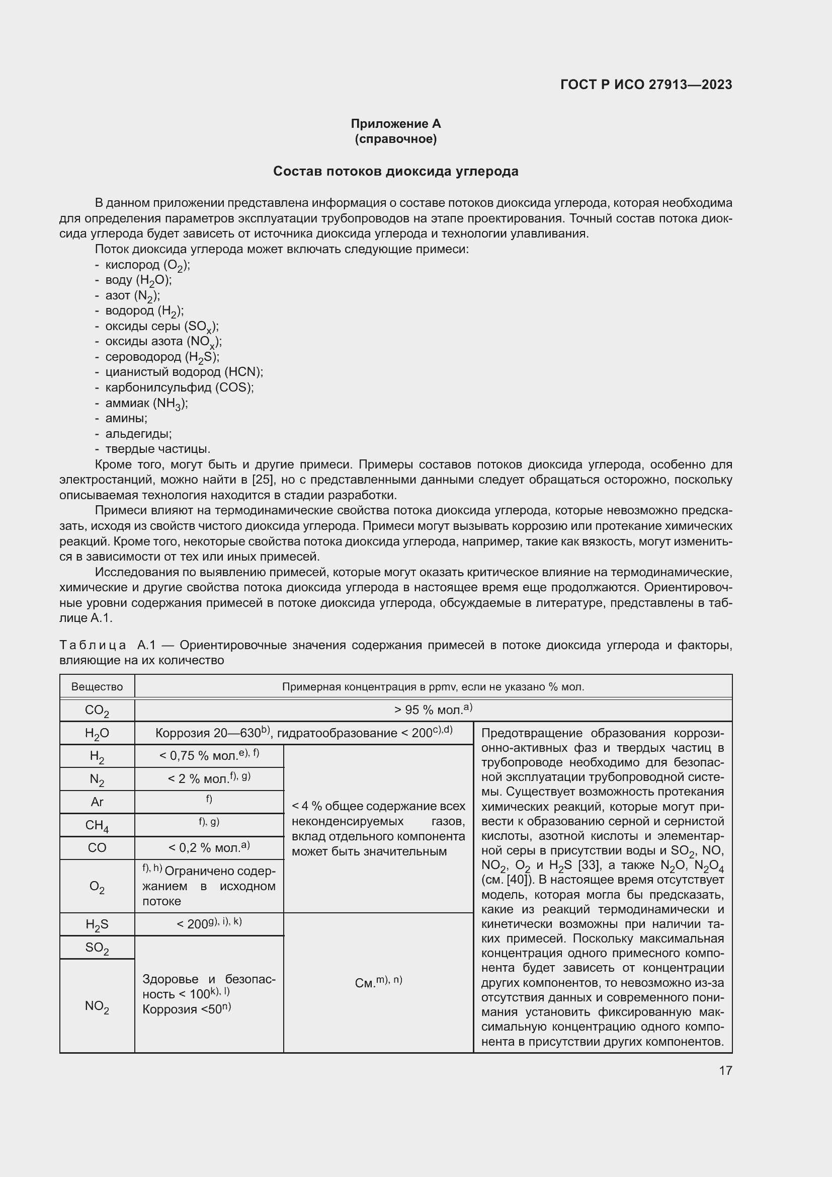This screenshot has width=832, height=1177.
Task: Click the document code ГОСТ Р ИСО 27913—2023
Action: (x=646, y=85)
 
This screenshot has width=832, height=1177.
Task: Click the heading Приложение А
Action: (x=395, y=124)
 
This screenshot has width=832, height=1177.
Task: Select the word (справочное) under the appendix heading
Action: (x=395, y=139)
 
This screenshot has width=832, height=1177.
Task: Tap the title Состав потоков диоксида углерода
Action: (x=395, y=171)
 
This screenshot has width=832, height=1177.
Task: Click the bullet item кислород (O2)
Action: (x=147, y=265)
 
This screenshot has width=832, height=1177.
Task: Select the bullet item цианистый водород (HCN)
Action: (x=184, y=372)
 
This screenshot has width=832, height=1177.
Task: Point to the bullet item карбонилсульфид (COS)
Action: (x=179, y=387)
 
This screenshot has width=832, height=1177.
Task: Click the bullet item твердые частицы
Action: (x=158, y=449)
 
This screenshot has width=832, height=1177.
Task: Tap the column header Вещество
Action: (x=97, y=687)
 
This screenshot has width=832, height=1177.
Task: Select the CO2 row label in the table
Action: (x=97, y=711)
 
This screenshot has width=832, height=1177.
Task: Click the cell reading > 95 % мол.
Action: (x=433, y=710)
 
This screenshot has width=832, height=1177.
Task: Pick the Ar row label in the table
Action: (x=97, y=802)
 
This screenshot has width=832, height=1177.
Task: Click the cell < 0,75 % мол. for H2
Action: (x=209, y=756)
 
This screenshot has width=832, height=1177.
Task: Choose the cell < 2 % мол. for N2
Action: (x=209, y=778)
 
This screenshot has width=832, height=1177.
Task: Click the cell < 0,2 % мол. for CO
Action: (x=209, y=848)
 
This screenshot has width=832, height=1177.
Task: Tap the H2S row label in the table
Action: (x=97, y=925)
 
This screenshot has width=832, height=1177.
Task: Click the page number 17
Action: (x=725, y=1070)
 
